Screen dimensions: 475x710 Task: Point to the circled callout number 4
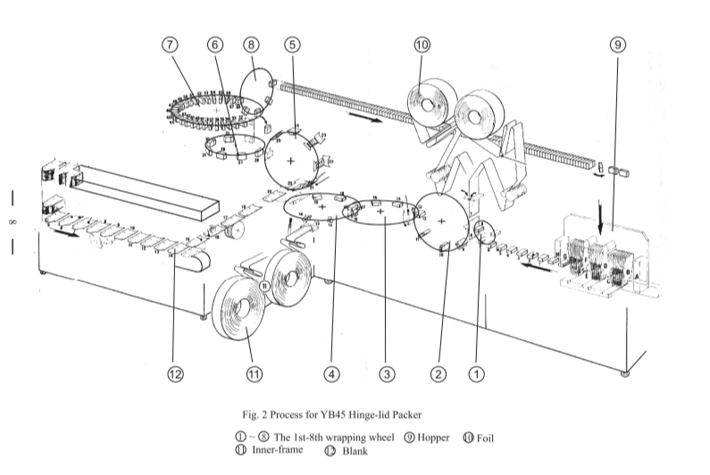click(x=332, y=375)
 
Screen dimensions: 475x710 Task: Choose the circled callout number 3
click(x=386, y=375)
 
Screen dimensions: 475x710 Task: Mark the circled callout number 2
click(x=438, y=375)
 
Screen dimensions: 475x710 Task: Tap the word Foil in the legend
click(x=485, y=437)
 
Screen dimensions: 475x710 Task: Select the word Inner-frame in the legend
click(x=277, y=449)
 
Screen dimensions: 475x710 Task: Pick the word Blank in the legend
click(x=355, y=451)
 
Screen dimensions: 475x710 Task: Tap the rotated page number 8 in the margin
click(x=13, y=221)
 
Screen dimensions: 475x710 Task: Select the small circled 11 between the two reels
click(x=265, y=285)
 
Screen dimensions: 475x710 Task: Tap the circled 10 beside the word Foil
click(x=468, y=437)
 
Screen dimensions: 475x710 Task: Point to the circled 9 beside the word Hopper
click(x=410, y=437)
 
